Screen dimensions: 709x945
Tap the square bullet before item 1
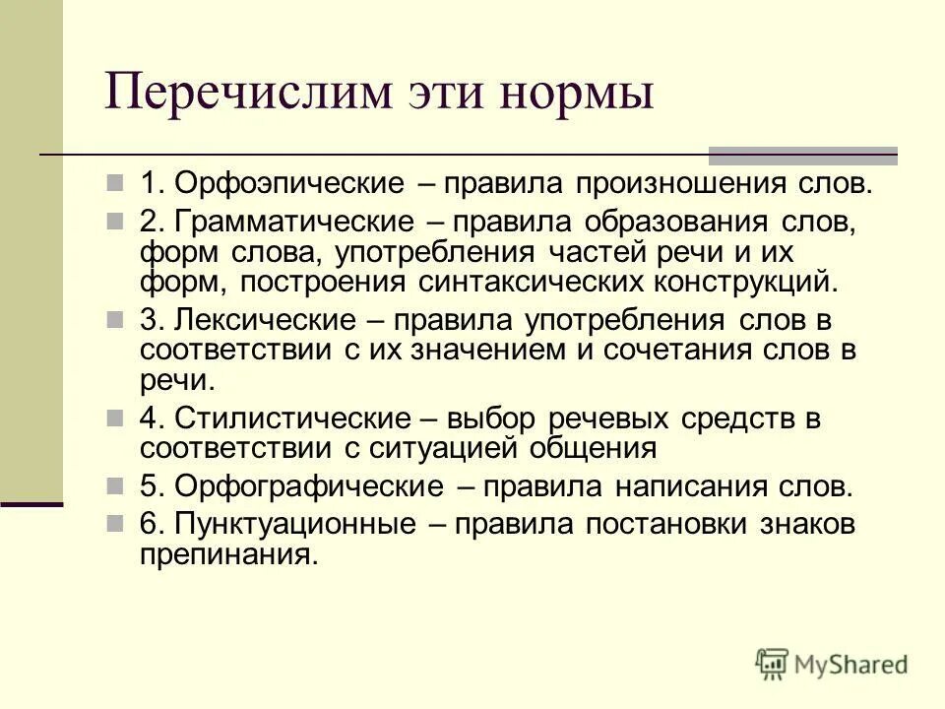[144, 184]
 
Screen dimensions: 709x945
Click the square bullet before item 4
[144, 419]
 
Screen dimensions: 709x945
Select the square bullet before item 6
[144, 525]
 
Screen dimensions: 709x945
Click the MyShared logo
[832, 663]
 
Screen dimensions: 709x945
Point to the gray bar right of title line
[803, 155]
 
